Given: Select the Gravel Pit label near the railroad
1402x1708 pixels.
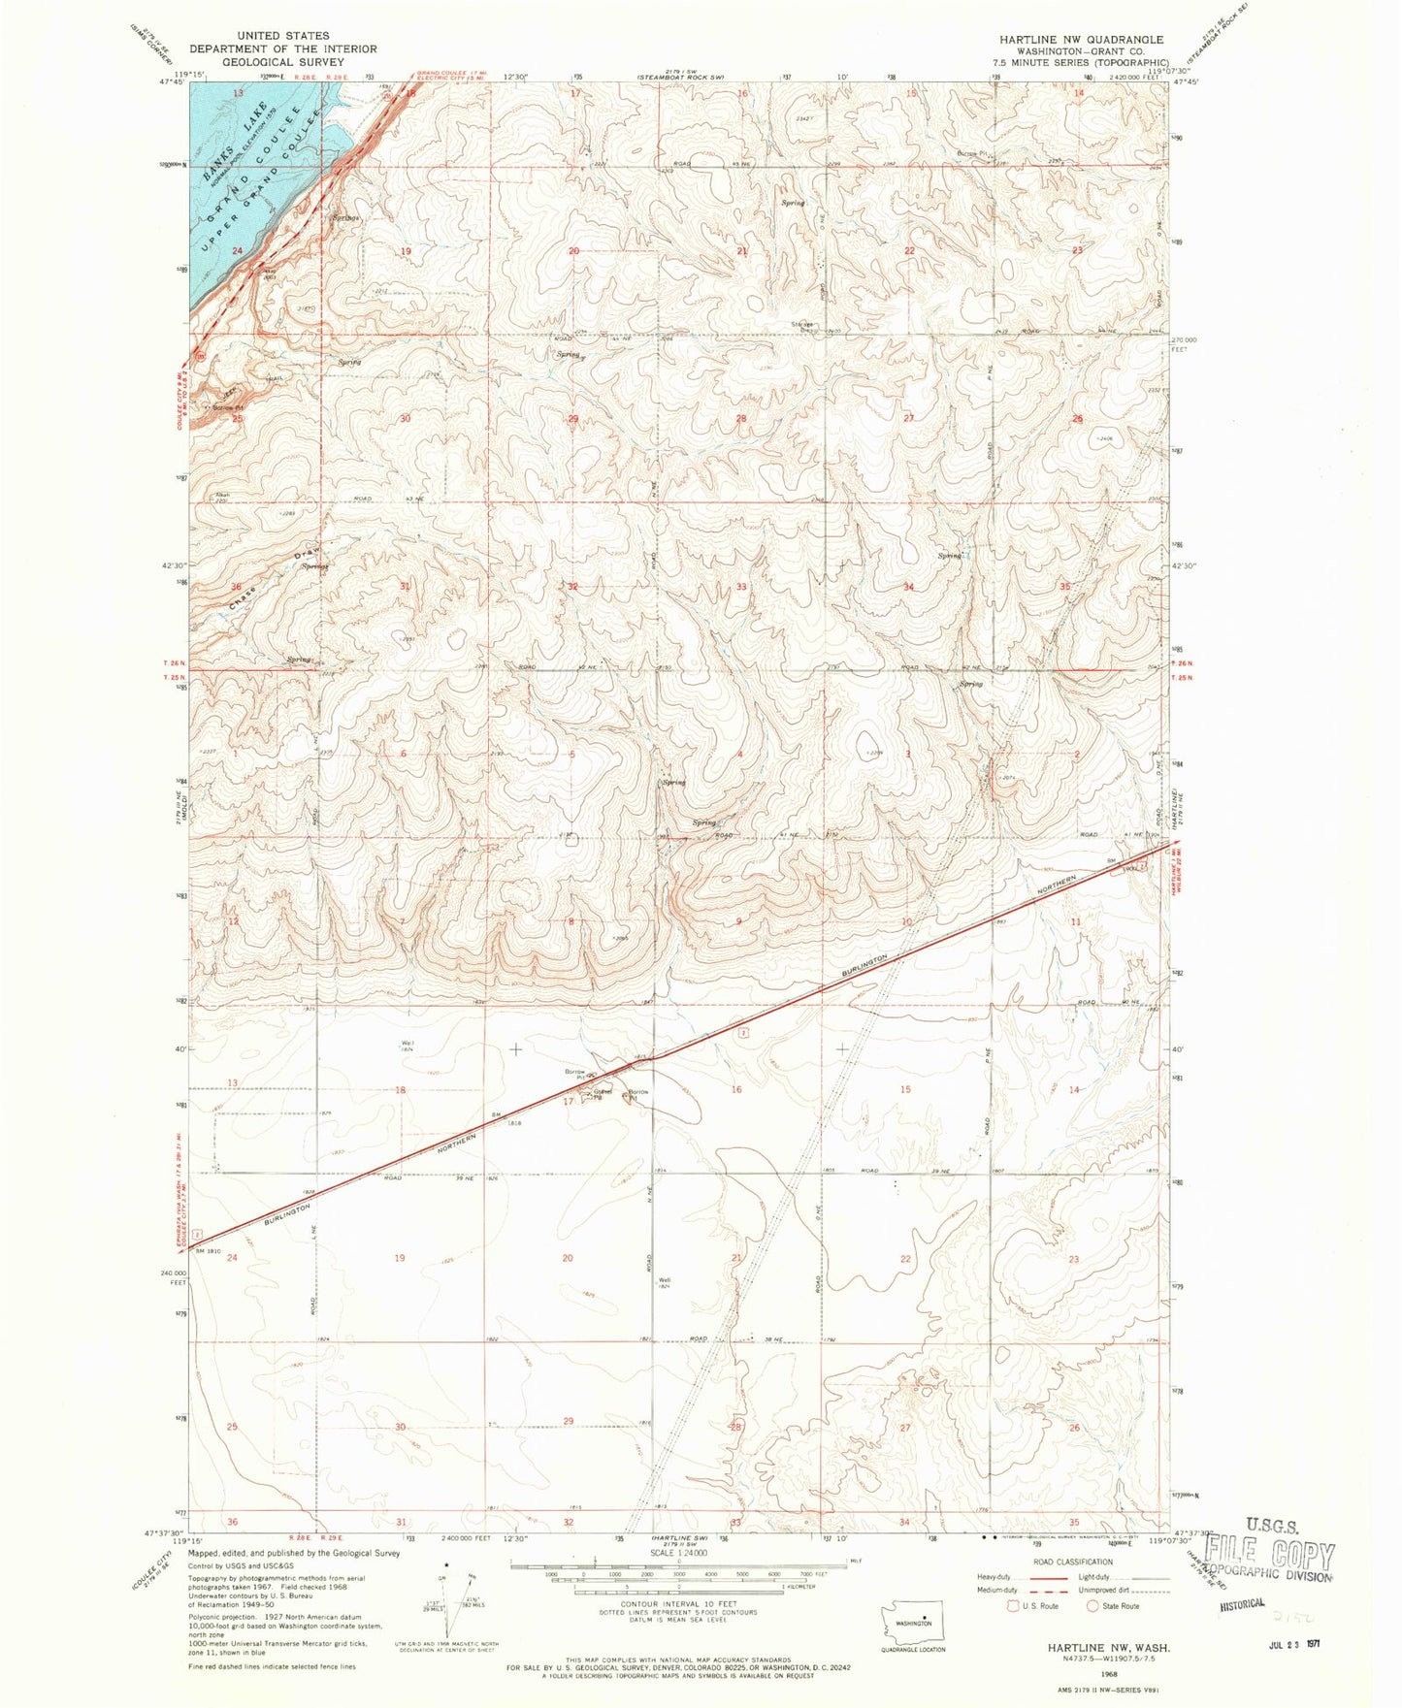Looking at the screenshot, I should tap(603, 1096).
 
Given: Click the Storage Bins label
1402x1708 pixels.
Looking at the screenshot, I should tap(800, 327).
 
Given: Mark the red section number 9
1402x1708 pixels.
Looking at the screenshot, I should tap(739, 921).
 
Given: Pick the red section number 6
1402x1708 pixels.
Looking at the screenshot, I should tap(403, 755).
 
